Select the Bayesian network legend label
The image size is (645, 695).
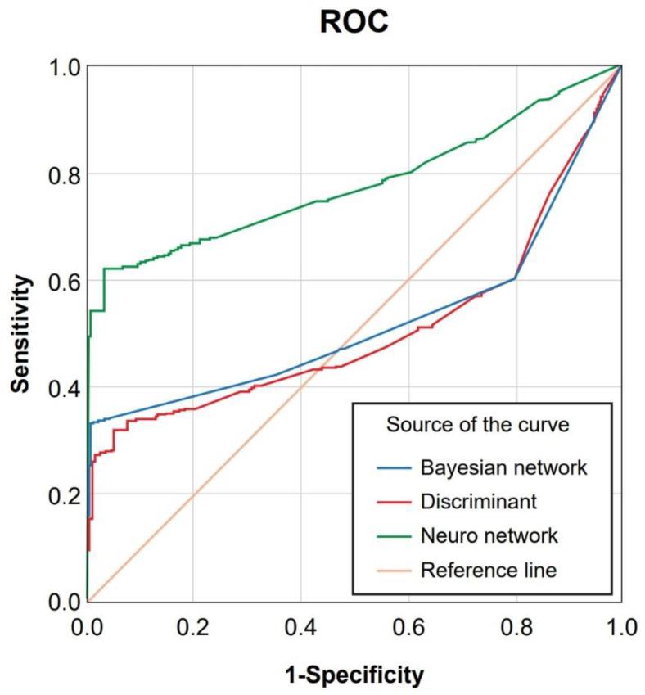point(503,469)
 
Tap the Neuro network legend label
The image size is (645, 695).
point(489,536)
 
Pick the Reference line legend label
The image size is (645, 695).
point(488,570)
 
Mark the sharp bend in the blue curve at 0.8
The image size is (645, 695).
point(515,279)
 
